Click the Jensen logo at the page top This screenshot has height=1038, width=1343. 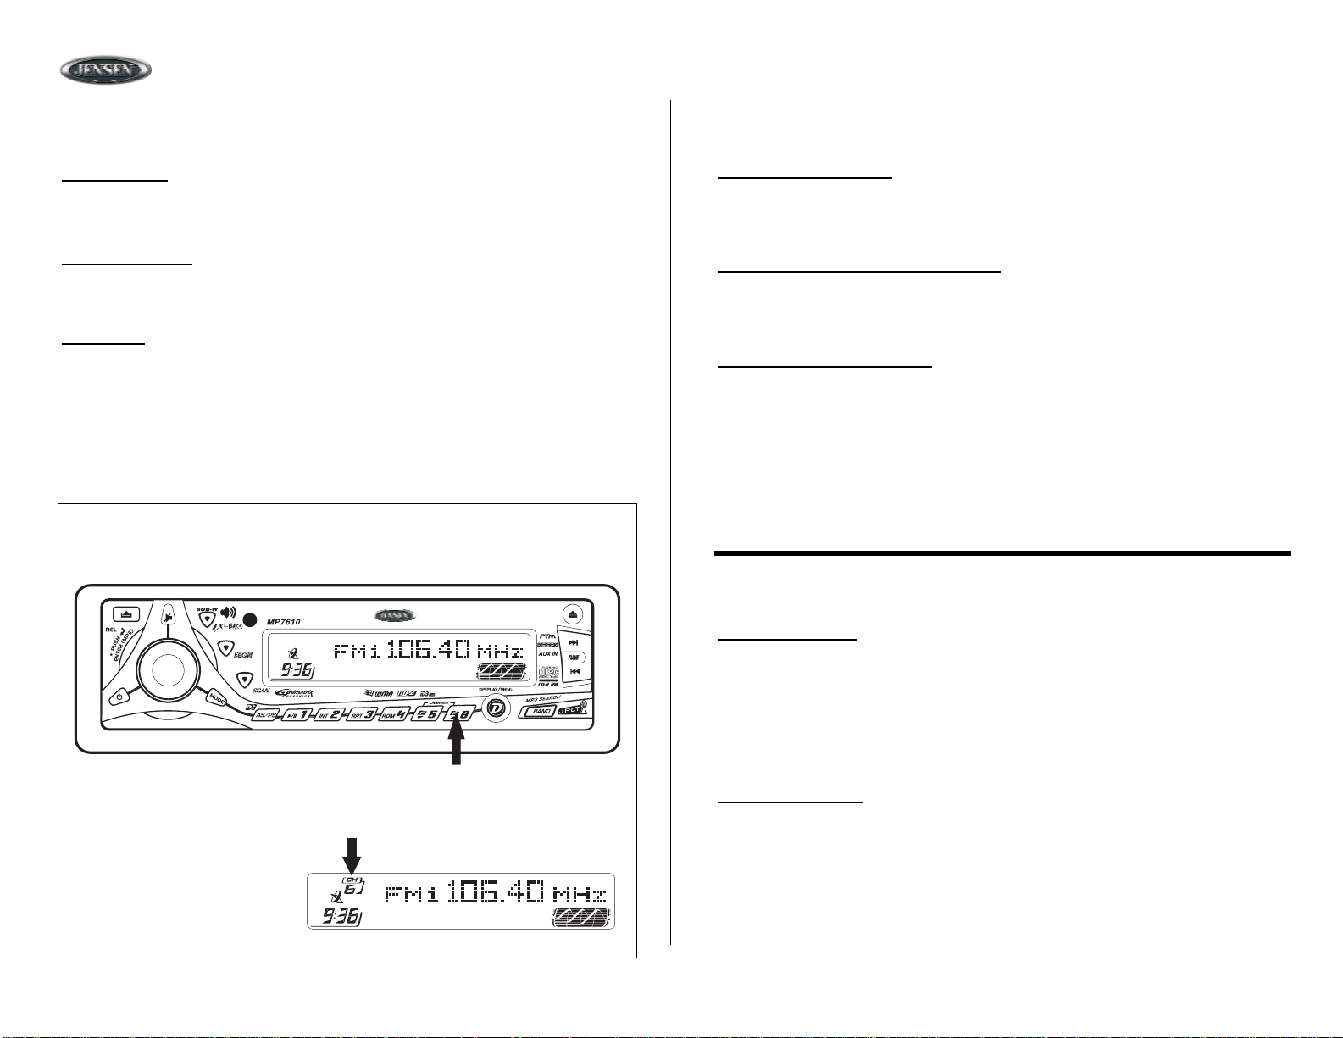[105, 70]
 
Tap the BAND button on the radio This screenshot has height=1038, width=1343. [541, 711]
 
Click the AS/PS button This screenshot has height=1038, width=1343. [266, 714]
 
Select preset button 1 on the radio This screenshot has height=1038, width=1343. [296, 715]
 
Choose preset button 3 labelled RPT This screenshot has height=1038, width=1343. [359, 714]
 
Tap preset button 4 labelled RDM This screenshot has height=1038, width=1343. [393, 714]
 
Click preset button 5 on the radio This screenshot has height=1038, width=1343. [426, 714]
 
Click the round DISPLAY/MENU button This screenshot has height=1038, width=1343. [497, 708]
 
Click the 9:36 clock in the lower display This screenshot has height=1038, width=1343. [337, 916]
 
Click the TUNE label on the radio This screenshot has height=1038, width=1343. [574, 657]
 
